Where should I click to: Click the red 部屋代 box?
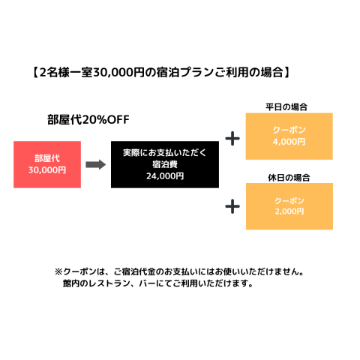(47, 164)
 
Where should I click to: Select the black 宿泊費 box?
(165, 164)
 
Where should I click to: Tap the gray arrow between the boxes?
(96, 164)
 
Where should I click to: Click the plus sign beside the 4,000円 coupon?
(232, 139)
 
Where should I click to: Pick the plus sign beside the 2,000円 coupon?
(232, 206)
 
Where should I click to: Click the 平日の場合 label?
(286, 107)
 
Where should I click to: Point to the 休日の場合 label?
(289, 178)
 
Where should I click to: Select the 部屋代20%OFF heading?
(88, 120)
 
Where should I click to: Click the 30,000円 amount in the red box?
(47, 170)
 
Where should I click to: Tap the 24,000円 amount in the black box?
(165, 176)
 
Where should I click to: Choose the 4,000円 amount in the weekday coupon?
(289, 142)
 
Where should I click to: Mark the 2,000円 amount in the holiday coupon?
(289, 211)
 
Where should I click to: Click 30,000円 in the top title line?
(118, 73)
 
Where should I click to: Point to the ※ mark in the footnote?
(58, 271)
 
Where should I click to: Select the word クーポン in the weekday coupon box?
(289, 130)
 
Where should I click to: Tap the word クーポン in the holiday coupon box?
(289, 201)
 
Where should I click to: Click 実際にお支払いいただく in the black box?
(165, 153)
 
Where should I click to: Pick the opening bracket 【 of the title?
(35, 73)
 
